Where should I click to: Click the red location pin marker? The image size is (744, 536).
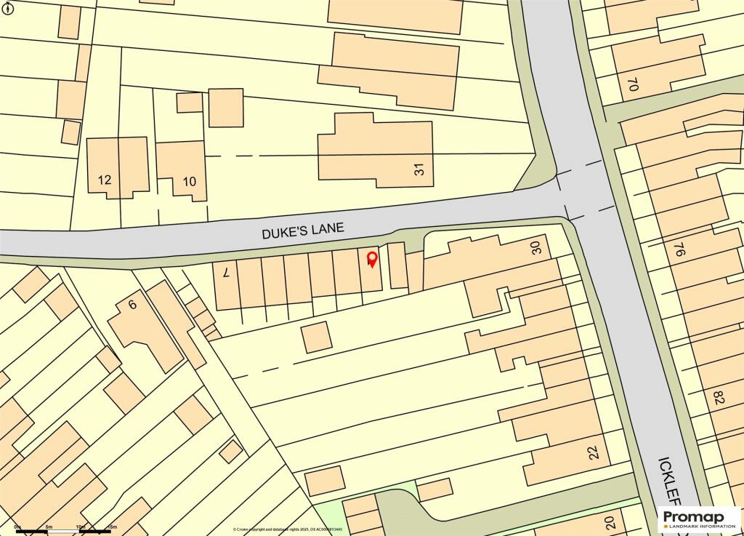click(373, 259)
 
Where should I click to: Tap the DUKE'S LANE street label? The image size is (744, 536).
click(303, 231)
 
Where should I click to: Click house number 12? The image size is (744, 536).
click(105, 179)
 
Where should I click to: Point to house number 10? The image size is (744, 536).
click(189, 180)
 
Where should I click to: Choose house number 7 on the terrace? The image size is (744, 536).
click(226, 273)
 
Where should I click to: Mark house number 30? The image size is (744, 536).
click(537, 247)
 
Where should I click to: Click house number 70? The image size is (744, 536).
click(632, 84)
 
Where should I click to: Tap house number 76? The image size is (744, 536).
click(679, 250)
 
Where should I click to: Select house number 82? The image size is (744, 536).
click(719, 398)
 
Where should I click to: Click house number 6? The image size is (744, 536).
click(132, 305)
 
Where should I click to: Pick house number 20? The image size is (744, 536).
click(610, 522)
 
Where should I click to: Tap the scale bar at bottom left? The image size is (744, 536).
click(64, 532)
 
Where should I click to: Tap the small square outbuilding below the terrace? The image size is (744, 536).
click(316, 337)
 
